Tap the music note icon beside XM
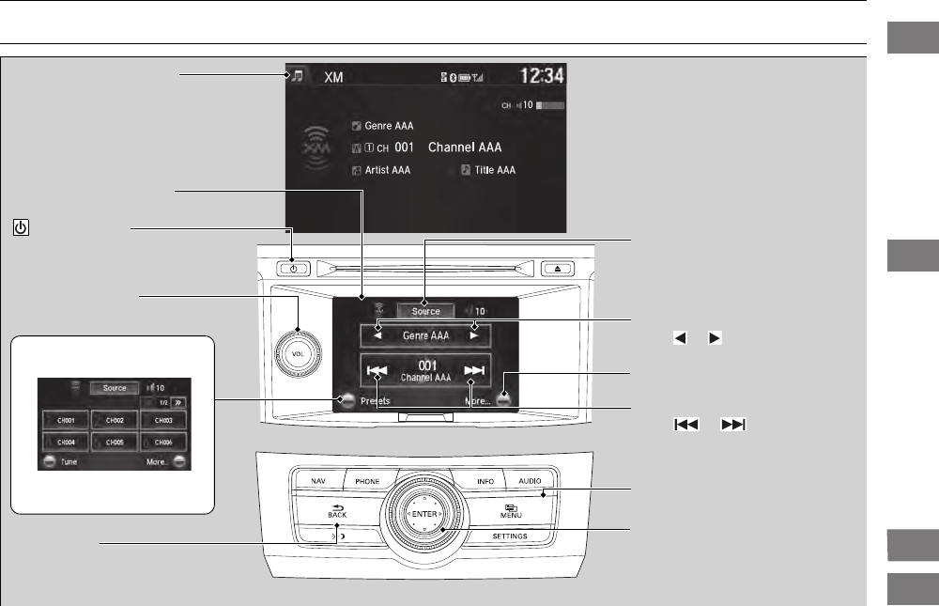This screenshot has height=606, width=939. pyautogui.click(x=298, y=76)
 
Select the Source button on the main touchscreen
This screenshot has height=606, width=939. pyautogui.click(x=425, y=311)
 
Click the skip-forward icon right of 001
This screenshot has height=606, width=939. pyautogui.click(x=474, y=371)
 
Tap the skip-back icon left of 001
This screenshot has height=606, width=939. pyautogui.click(x=377, y=371)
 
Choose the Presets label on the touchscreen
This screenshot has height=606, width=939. pyautogui.click(x=375, y=400)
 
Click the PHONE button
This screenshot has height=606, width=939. pyautogui.click(x=367, y=481)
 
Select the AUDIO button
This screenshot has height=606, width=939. pyautogui.click(x=529, y=481)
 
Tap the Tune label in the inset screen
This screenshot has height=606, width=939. pyautogui.click(x=69, y=462)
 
